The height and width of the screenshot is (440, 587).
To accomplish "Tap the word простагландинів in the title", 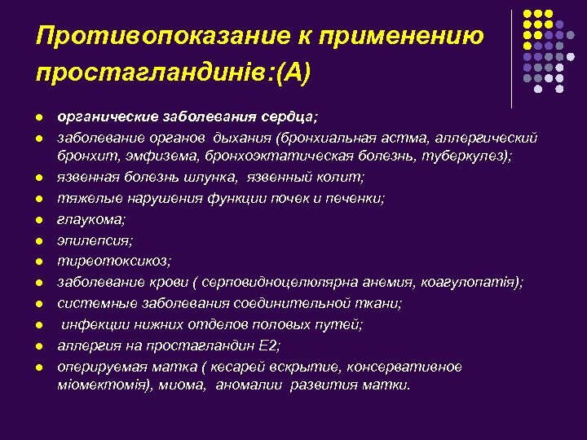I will (152, 75).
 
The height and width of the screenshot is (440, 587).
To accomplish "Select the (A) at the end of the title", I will (291, 75).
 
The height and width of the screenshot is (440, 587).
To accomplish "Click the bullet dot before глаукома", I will (40, 219).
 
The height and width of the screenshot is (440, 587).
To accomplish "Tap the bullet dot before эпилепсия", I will (40, 240).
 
